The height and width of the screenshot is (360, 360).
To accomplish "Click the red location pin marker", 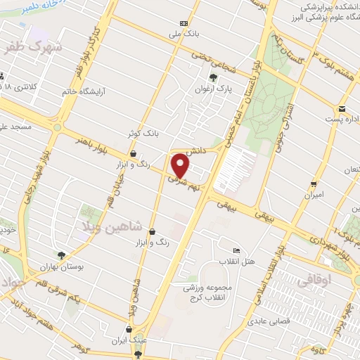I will (181, 166).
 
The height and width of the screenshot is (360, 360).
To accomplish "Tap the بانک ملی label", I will (179, 32).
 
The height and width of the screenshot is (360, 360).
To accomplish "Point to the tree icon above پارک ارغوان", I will (213, 77).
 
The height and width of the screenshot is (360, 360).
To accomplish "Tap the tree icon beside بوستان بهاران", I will (62, 255).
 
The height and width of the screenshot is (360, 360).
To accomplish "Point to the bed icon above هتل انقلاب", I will (236, 250).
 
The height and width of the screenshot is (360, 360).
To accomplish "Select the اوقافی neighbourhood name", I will (314, 280).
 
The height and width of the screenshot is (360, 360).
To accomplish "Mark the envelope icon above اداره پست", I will (342, 108).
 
